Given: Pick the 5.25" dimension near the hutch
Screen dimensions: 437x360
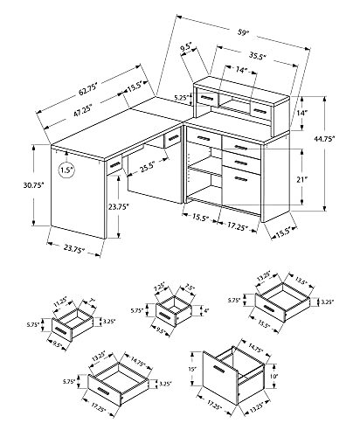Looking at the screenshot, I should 181,99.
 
